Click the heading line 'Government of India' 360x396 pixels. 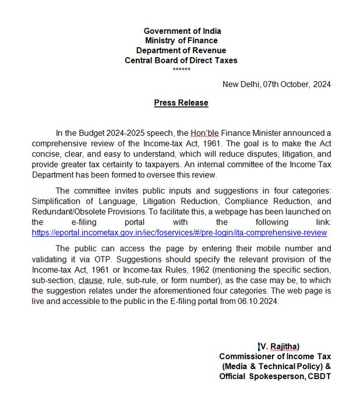point(182,31)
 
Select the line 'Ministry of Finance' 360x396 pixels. point(182,41)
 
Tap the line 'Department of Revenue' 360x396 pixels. point(182,51)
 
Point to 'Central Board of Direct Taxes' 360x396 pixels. point(182,61)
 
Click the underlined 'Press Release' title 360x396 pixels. point(181,103)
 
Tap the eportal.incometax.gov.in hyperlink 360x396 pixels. point(179,233)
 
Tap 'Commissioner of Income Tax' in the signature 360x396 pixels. point(275,356)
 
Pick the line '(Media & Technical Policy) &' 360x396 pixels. point(277,366)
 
